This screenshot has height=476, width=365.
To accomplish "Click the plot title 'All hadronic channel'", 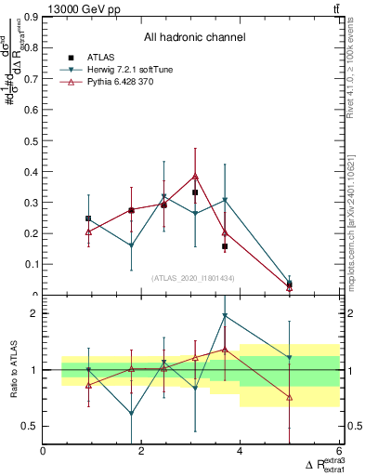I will (x=193, y=38).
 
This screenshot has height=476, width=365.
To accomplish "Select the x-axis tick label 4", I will (x=240, y=451).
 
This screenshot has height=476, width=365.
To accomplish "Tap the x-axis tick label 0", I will (x=44, y=451).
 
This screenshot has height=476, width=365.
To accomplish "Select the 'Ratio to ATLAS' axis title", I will (x=12, y=370).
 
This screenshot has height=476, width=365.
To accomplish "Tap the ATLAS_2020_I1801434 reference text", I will (x=192, y=278).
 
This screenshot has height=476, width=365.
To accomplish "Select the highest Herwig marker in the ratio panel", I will (x=225, y=316).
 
